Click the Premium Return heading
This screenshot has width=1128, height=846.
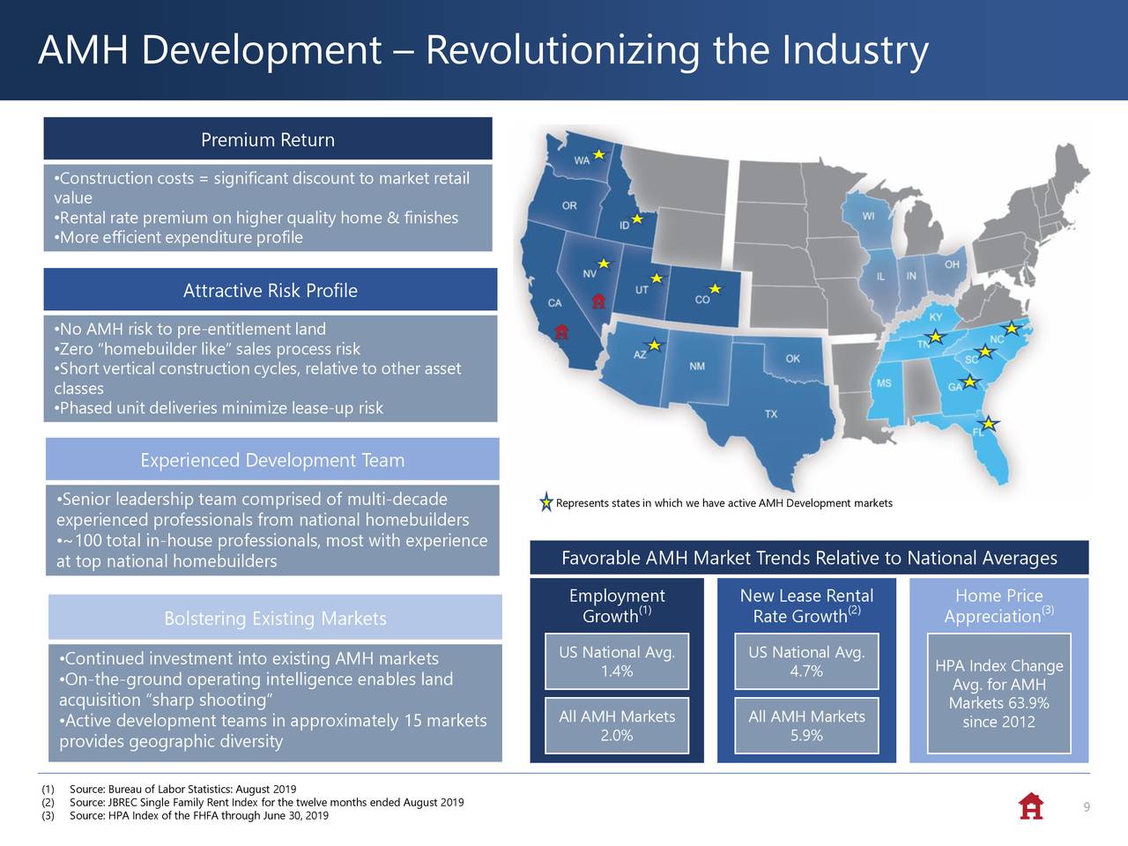pyautogui.click(x=267, y=140)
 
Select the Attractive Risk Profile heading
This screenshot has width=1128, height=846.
pyautogui.click(x=270, y=291)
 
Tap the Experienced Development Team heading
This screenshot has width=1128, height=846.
pyautogui.click(x=272, y=460)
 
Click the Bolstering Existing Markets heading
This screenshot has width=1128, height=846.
pyautogui.click(x=275, y=619)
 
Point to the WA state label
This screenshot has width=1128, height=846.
pyautogui.click(x=582, y=160)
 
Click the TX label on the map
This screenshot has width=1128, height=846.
pyautogui.click(x=771, y=414)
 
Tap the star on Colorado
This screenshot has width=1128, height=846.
pyautogui.click(x=715, y=289)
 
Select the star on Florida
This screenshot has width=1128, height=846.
pyautogui.click(x=990, y=424)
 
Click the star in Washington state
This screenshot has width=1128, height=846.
pyautogui.click(x=598, y=155)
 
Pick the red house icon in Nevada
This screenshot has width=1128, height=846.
pyautogui.click(x=598, y=301)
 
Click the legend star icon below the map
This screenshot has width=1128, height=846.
pyautogui.click(x=546, y=503)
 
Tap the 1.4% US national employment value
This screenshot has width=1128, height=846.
pyautogui.click(x=616, y=672)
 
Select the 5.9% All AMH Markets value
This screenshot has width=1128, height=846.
pyautogui.click(x=806, y=736)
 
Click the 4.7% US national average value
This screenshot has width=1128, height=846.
pyautogui.click(x=806, y=672)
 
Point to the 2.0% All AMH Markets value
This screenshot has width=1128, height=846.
pyautogui.click(x=616, y=736)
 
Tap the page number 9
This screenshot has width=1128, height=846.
pyautogui.click(x=1087, y=808)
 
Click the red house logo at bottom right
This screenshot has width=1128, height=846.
pyautogui.click(x=1030, y=806)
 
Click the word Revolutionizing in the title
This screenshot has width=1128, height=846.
pyautogui.click(x=563, y=51)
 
